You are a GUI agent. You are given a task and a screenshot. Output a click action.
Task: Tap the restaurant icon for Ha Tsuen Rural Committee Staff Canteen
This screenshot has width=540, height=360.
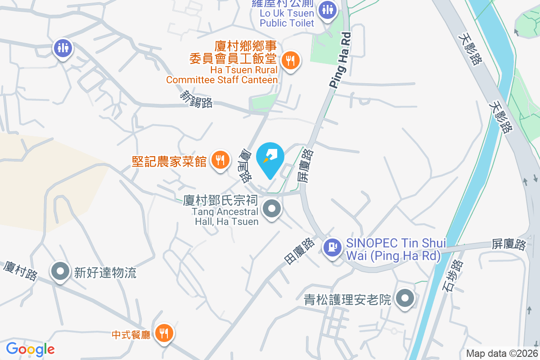(x=290, y=60)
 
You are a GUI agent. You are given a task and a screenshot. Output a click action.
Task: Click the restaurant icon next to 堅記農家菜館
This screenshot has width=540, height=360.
(x=220, y=160)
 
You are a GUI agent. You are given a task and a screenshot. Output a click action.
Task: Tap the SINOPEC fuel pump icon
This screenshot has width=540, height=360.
(x=333, y=247)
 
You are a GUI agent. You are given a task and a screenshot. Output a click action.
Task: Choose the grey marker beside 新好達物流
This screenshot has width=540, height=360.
(x=60, y=271)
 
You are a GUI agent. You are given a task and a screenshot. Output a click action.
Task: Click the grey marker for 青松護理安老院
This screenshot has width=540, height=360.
(x=405, y=298)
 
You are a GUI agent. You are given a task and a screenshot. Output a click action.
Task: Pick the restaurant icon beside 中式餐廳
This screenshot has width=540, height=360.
(x=162, y=333)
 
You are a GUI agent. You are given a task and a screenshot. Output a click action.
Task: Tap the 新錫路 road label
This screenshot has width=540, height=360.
(x=196, y=99)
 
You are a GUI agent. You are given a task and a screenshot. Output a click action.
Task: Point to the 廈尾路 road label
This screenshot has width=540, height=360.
(x=246, y=166)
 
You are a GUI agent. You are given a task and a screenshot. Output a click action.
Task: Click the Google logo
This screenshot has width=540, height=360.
(x=30, y=349)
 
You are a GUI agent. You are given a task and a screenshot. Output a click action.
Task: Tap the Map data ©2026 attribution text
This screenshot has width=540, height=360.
(x=502, y=354)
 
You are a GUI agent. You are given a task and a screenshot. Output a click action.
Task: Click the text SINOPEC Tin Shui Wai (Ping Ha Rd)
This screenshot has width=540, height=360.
(x=396, y=249)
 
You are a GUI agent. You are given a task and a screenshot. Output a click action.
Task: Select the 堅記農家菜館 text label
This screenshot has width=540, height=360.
(x=169, y=161)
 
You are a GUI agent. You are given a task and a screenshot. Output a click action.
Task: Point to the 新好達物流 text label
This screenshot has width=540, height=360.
(x=105, y=272)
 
